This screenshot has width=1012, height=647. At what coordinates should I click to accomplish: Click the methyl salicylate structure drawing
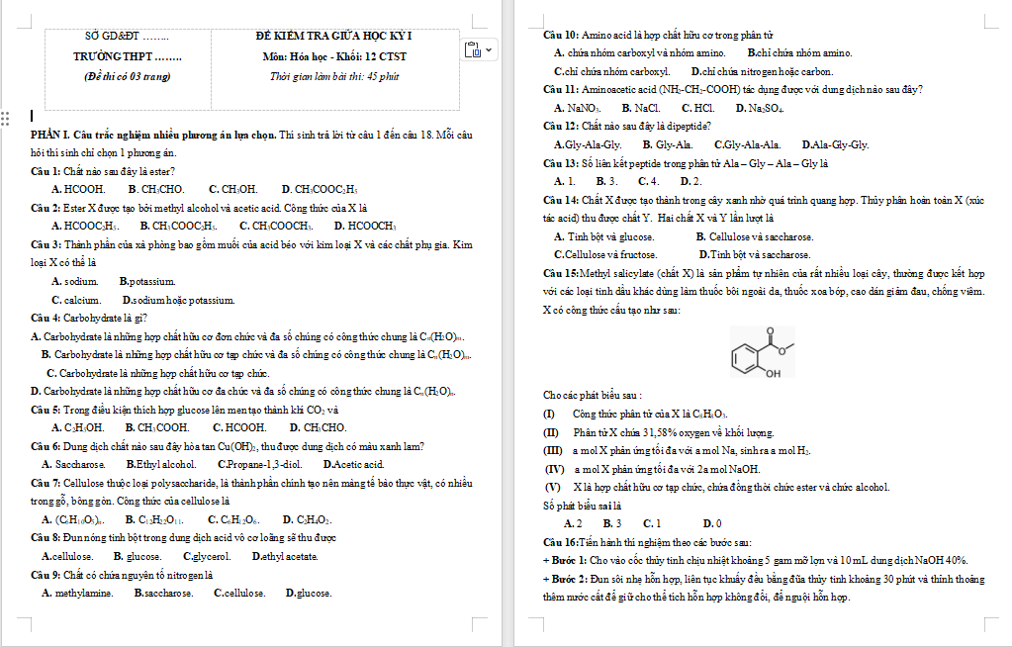761,352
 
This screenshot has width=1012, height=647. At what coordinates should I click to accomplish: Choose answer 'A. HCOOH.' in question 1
78,189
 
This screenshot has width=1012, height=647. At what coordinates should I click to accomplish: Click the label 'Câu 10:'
562,35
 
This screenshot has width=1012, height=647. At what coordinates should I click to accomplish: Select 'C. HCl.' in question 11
697,108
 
